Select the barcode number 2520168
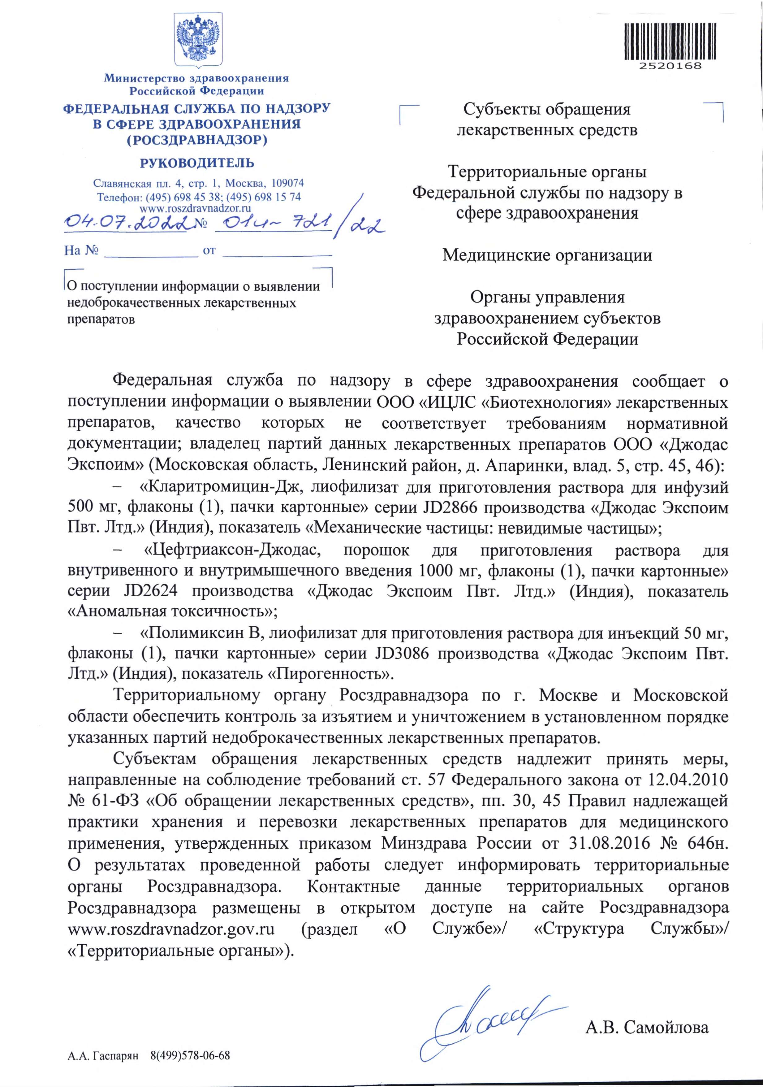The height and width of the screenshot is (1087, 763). click(x=670, y=66)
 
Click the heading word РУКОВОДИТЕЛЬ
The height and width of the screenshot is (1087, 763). click(x=197, y=163)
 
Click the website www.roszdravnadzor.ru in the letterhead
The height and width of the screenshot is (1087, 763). click(x=195, y=208)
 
